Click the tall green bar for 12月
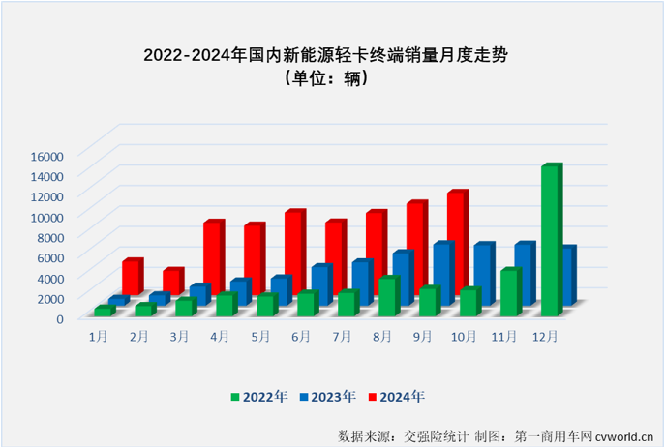pyautogui.click(x=550, y=241)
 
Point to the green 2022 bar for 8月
pyautogui.click(x=387, y=296)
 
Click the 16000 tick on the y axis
pyautogui.click(x=46, y=155)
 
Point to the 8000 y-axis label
pyautogui.click(x=49, y=236)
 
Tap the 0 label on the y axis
pyautogui.click(x=59, y=317)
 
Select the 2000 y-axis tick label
pyautogui.click(x=49, y=297)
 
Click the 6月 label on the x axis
pyautogui.click(x=301, y=336)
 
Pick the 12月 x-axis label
pyautogui.click(x=546, y=336)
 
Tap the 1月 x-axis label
pyautogui.click(x=99, y=336)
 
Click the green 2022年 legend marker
pyautogui.click(x=235, y=396)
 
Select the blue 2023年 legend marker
pyautogui.click(x=303, y=396)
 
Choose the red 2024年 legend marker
pyautogui.click(x=371, y=396)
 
